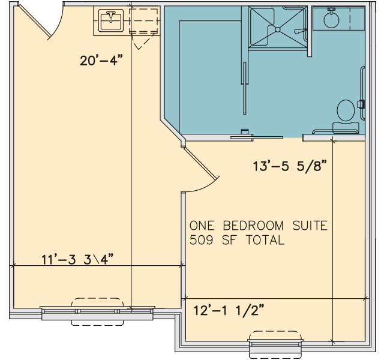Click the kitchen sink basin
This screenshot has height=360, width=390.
coord(111,20)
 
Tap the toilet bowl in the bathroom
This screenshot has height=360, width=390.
coord(346,110)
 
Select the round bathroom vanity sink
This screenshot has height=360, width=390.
coord(332,20)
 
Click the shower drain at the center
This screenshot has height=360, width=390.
coord(278,29)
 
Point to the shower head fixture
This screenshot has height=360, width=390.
coord(300,31)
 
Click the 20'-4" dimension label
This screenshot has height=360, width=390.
coord(101,61)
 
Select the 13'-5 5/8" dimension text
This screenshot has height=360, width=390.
coord(290,166)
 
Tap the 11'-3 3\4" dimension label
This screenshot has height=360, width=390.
coord(77,259)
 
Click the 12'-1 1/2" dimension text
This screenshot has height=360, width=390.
coord(229,310)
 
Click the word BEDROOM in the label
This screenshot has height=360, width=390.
coord(253,226)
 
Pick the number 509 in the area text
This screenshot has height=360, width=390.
coord(201,240)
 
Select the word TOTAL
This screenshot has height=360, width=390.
coord(265,240)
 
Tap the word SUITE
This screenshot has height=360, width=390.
coord(310,226)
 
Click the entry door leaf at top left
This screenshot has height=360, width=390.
coord(35,22)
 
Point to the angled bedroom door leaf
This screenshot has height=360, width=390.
coord(200,163)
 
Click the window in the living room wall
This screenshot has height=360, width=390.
coord(97,313)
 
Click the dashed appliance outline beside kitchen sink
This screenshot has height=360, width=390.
coord(144,20)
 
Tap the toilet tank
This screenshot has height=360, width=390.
coord(346,128)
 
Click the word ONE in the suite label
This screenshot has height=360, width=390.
coord(202,226)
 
